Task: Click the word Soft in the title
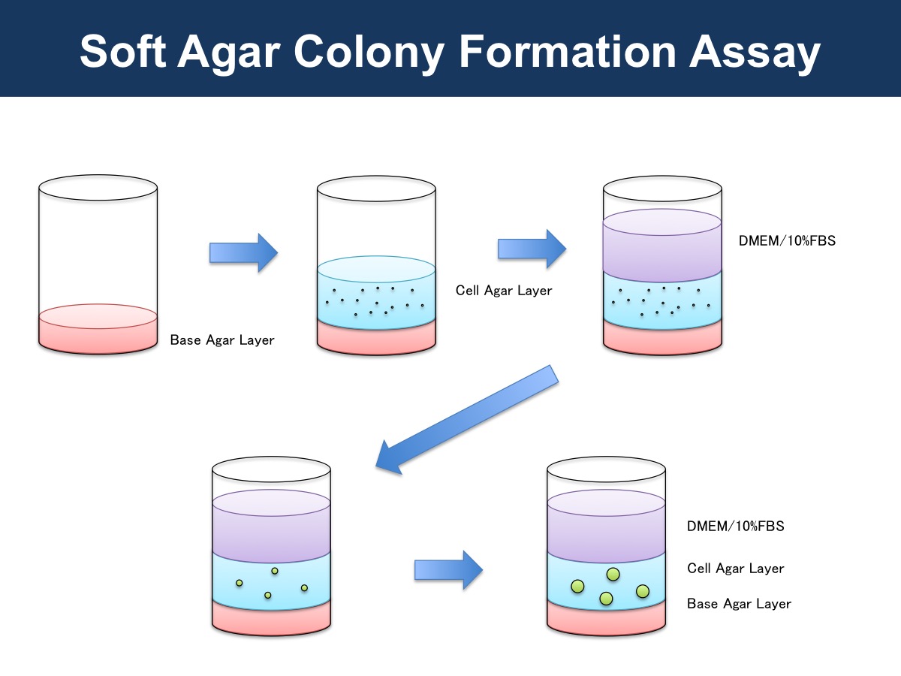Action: tap(122, 51)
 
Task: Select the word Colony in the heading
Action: tap(369, 53)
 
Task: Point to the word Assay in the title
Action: tap(755, 53)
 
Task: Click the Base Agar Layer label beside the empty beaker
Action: tap(222, 340)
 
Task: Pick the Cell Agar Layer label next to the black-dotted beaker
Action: tap(504, 291)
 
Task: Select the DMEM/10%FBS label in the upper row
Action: tap(787, 240)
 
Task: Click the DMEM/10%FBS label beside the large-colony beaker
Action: tap(735, 527)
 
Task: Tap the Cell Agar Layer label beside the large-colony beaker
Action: tap(735, 569)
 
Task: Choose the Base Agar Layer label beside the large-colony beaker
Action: tap(739, 604)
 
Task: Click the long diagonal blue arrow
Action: tap(467, 420)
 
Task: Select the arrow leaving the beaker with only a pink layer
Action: tap(244, 253)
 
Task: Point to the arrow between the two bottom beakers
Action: tap(449, 570)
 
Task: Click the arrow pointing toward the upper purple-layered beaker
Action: tap(532, 249)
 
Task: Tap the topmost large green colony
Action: tap(613, 574)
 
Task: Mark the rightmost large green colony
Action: tap(643, 591)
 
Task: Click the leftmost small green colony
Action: tap(240, 583)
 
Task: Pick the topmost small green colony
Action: tap(275, 571)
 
